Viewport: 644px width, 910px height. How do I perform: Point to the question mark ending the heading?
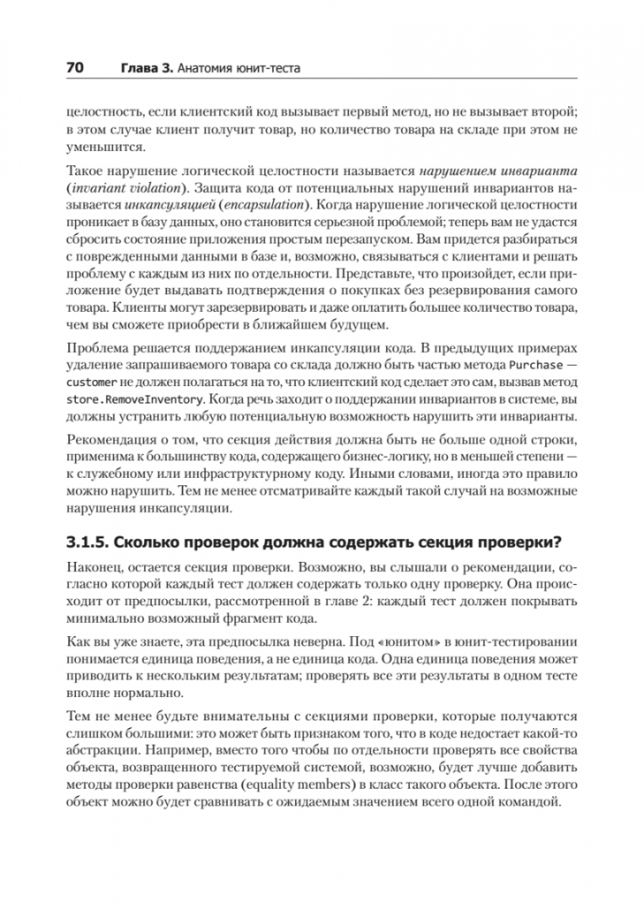click(558, 540)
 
